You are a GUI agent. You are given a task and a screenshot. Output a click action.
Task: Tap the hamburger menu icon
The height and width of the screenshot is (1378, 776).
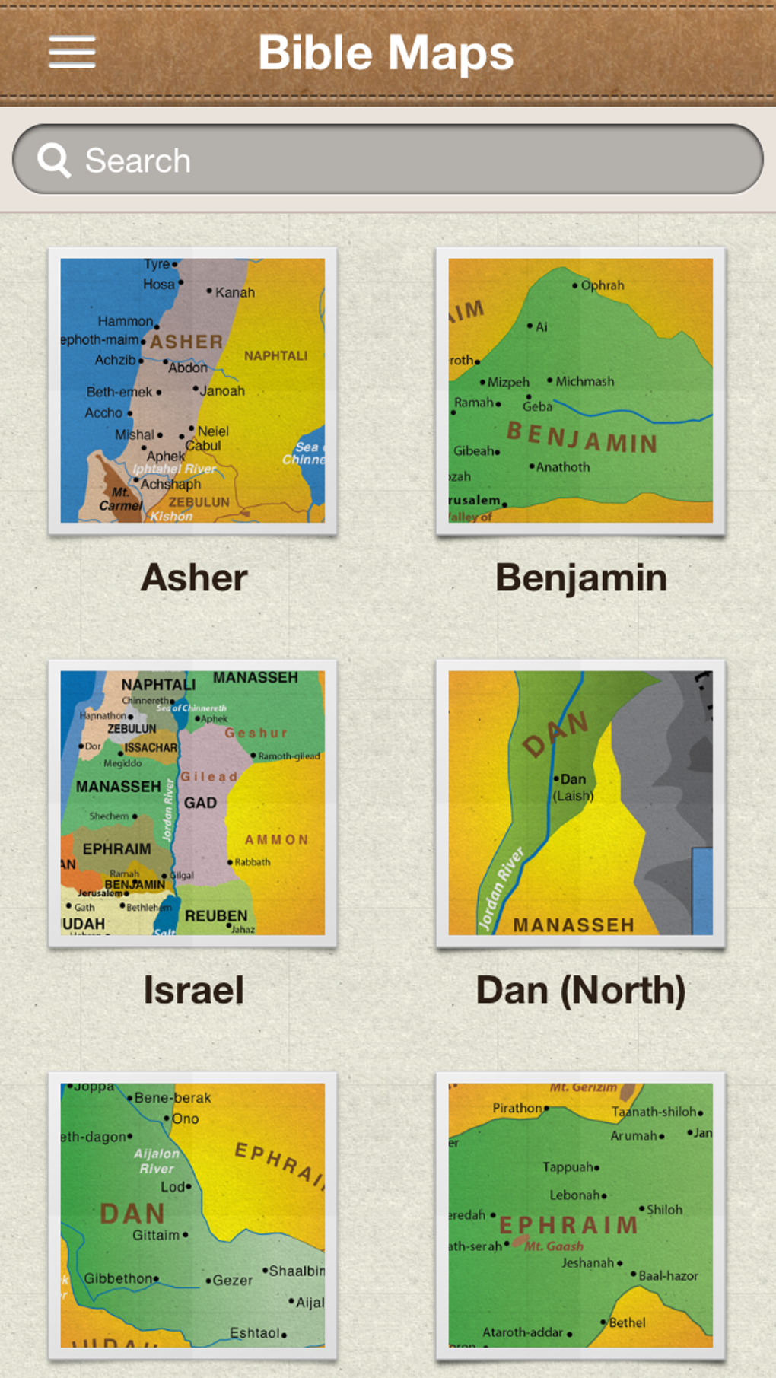pos(72,52)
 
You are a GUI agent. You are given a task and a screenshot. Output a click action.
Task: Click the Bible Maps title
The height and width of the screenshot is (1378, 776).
pos(386,53)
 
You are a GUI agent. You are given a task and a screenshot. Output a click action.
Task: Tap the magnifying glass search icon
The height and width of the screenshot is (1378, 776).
pos(54,161)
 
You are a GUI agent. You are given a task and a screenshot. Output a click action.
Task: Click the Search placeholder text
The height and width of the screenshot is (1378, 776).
pos(138,161)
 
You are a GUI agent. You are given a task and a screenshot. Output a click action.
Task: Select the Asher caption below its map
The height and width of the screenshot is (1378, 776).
pos(194,578)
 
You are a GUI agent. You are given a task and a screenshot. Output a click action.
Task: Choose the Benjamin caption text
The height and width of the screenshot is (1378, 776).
pos(581,578)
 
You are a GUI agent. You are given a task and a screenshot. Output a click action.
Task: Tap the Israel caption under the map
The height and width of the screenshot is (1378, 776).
pos(194,991)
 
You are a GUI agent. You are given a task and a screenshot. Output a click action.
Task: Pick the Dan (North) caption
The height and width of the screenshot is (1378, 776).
pos(581,991)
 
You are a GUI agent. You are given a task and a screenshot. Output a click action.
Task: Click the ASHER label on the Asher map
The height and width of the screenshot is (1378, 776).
pos(186,342)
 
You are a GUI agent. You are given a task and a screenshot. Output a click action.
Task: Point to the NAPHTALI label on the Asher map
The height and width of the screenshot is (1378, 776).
pos(275,355)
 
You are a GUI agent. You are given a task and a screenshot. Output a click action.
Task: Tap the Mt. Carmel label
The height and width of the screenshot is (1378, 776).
pos(120,499)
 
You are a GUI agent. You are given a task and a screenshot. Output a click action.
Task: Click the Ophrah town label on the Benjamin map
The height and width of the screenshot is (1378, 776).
pos(602,285)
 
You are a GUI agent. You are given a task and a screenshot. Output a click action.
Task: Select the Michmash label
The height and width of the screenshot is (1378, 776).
pos(584,381)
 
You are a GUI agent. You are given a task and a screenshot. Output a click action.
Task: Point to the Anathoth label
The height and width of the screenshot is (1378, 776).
pos(562,467)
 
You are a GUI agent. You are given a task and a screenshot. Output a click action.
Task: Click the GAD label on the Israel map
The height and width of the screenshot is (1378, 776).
pos(200,803)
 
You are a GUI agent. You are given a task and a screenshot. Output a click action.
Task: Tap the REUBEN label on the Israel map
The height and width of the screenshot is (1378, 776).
pos(216,915)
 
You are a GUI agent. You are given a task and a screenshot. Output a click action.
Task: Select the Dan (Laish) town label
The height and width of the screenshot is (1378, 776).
pos(573,788)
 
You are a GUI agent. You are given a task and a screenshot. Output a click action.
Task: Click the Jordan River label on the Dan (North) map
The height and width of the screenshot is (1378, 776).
pos(501,889)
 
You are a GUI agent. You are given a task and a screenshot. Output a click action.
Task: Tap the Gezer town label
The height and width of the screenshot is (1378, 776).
pos(232,1281)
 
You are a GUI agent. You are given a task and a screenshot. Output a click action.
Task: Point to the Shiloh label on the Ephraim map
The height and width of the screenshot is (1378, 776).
pos(664,1210)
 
